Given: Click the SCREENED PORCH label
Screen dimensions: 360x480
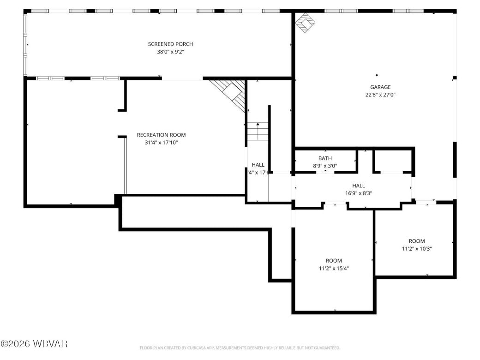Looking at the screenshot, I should (170, 44).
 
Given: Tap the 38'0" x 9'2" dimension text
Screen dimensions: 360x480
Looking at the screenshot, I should (170, 52).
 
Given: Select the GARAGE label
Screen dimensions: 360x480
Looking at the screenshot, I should (380, 87).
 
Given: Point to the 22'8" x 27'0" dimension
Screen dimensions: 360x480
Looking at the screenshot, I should (380, 95).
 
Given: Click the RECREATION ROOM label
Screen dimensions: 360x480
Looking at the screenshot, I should (161, 135).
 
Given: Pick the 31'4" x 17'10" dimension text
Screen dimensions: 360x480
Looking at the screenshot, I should (161, 143).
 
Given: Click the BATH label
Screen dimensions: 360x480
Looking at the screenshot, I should (325, 158).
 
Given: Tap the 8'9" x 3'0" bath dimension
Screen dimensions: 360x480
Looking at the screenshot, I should (325, 166).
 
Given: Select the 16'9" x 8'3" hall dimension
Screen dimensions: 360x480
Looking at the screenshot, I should (359, 193).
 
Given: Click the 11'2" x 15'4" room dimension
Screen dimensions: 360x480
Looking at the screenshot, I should (334, 268).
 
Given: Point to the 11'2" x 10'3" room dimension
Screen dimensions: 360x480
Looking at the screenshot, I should (416, 248).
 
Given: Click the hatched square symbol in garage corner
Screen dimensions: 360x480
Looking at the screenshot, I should (304, 23).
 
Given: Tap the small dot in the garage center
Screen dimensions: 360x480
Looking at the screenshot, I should (377, 75).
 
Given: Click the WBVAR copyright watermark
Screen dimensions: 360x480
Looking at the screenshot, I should (35, 344).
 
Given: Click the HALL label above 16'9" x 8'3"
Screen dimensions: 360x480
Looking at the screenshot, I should (359, 186).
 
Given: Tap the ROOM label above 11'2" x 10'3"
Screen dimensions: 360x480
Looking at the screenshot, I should (416, 241).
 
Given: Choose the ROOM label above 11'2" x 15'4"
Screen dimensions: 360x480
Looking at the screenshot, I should (334, 261).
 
